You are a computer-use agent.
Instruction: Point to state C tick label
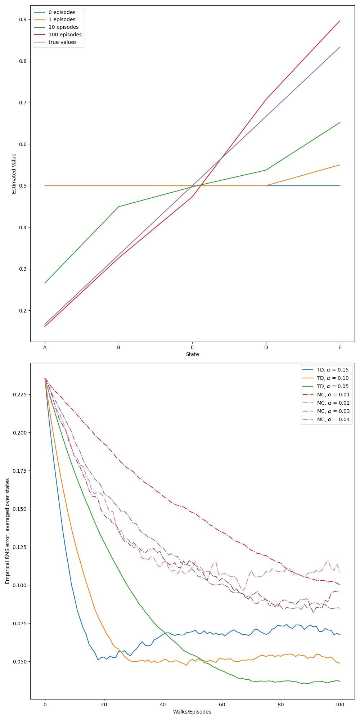point(192,348)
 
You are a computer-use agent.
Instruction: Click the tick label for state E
point(340,348)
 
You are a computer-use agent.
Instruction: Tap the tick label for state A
point(45,348)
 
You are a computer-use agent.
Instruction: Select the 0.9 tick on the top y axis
point(23,19)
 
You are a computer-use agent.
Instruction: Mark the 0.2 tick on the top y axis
point(23,311)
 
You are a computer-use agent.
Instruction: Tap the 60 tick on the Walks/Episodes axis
point(222,705)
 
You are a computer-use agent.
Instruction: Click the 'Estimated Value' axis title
point(14,174)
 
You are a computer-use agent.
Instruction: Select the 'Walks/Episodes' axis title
point(192,712)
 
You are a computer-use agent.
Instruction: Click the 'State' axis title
point(192,354)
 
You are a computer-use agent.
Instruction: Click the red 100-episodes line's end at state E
point(340,21)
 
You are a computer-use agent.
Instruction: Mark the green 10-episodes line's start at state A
point(45,283)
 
